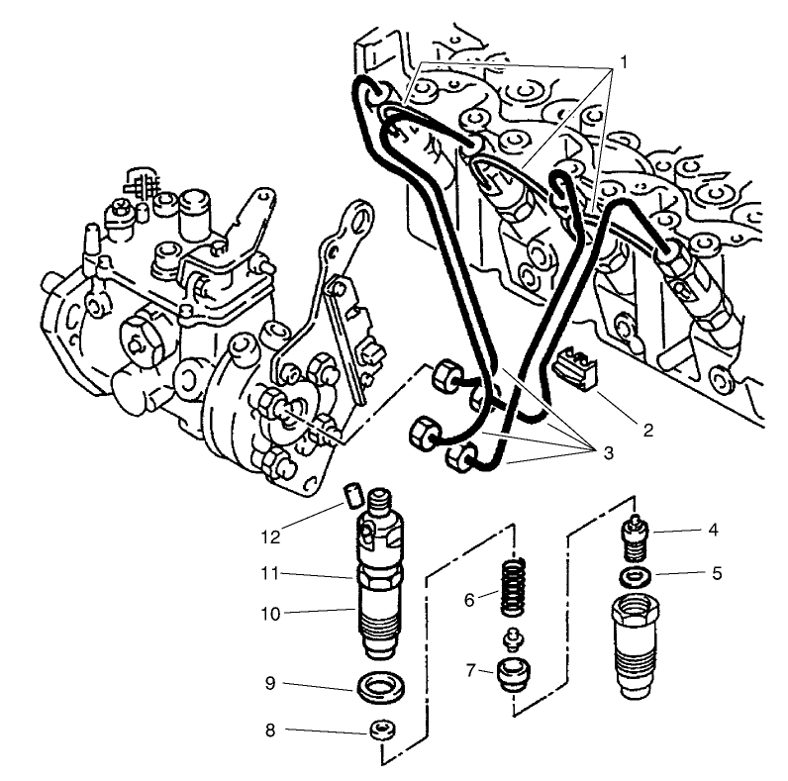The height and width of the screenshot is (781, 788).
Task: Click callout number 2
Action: (x=647, y=431)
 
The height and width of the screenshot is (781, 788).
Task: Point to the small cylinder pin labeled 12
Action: (x=349, y=492)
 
